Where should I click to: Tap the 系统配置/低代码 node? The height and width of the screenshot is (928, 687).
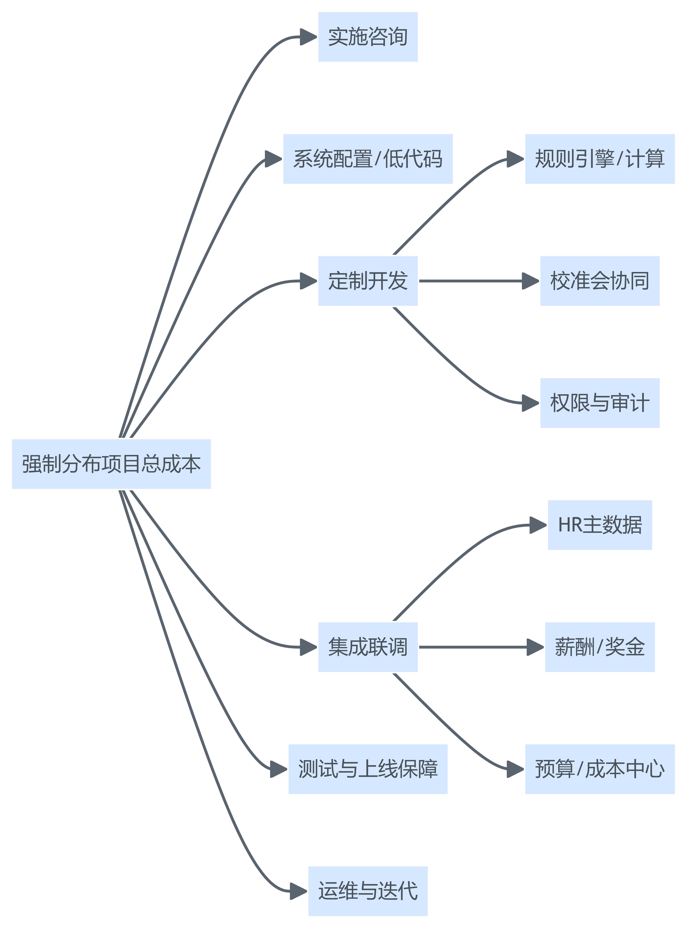point(368,159)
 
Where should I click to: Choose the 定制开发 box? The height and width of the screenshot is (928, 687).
point(368,281)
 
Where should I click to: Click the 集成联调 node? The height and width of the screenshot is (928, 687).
point(368,647)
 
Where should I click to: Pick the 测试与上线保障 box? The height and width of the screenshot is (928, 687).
point(368,769)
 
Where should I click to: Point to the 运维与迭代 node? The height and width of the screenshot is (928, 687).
point(368,891)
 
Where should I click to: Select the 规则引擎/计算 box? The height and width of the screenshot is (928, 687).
point(600,159)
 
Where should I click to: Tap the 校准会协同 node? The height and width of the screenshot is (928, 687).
point(600,281)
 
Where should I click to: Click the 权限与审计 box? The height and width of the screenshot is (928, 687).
point(600,403)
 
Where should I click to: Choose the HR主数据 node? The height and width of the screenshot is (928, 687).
point(600,525)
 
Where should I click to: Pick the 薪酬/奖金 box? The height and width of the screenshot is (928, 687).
point(600,647)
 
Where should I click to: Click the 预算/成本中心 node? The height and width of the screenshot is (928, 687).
point(600,769)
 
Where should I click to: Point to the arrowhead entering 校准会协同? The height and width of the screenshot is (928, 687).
point(531,281)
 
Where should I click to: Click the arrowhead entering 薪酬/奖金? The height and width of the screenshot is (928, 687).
point(535,647)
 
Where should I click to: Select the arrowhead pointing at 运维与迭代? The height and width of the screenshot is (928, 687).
point(299,891)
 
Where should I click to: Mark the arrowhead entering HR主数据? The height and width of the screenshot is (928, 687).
point(538,525)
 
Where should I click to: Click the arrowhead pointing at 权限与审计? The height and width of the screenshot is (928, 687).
point(531,403)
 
